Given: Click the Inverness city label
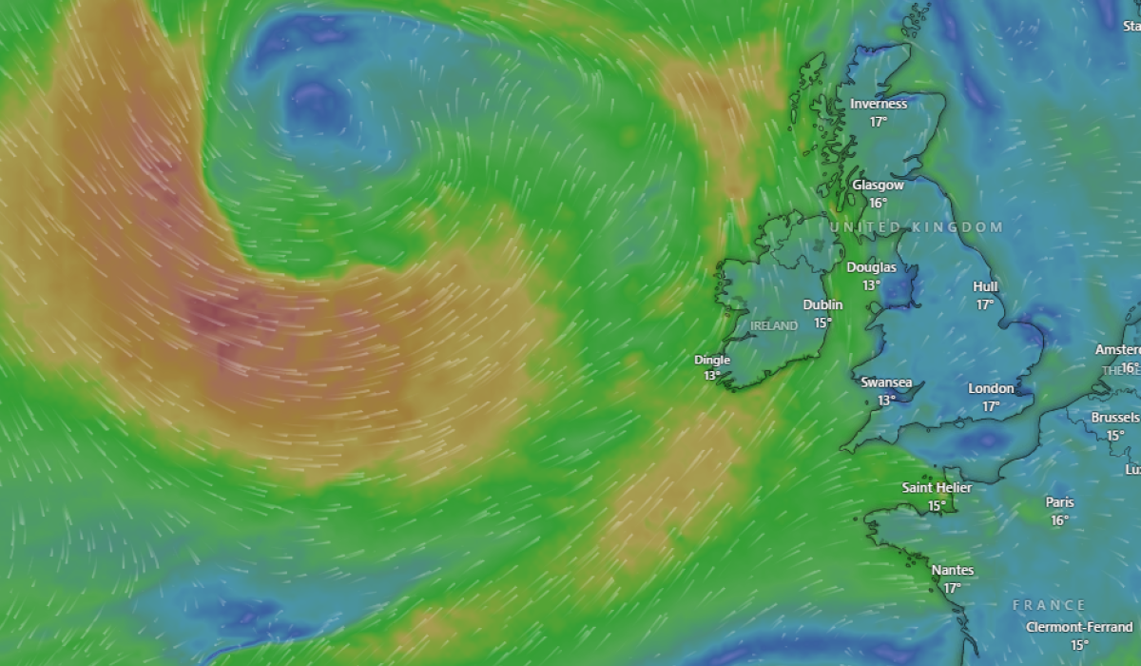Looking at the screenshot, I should [878, 104].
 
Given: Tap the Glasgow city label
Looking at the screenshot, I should [877, 186].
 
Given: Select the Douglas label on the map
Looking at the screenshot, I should [871, 267].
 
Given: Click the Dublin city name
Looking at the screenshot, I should [822, 305].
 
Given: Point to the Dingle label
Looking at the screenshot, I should [712, 360].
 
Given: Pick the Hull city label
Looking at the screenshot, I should [985, 286].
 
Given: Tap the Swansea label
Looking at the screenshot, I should [886, 382].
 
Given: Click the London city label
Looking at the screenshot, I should [991, 388].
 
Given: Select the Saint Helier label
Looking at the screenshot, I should [937, 488].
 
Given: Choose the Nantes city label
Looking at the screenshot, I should [952, 570].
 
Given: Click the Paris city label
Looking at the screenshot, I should [1059, 502].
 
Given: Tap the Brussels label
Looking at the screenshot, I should [1115, 418].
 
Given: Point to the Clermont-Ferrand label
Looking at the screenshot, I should [1079, 627].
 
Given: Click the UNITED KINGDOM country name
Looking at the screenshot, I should [917, 227].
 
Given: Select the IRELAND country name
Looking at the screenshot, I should [774, 325].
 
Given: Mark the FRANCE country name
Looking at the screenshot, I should [1049, 605].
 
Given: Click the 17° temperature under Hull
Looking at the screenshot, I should [985, 304].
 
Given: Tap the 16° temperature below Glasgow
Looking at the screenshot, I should [877, 203].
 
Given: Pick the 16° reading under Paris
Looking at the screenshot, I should [1059, 520].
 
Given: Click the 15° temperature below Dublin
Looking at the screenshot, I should [822, 323].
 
